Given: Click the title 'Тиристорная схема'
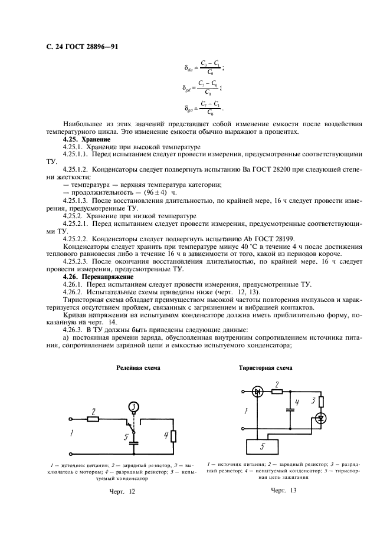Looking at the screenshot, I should point(265,367).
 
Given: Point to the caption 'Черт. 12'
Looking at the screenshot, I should point(123,491).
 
